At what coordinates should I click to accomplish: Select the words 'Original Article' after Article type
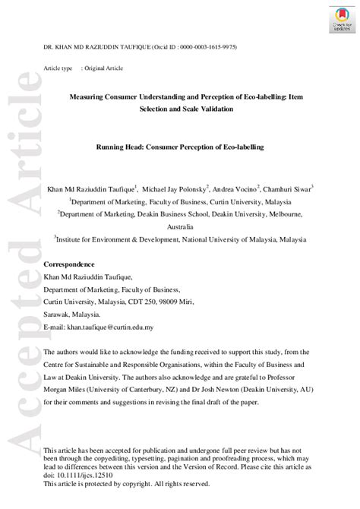[103, 68]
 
